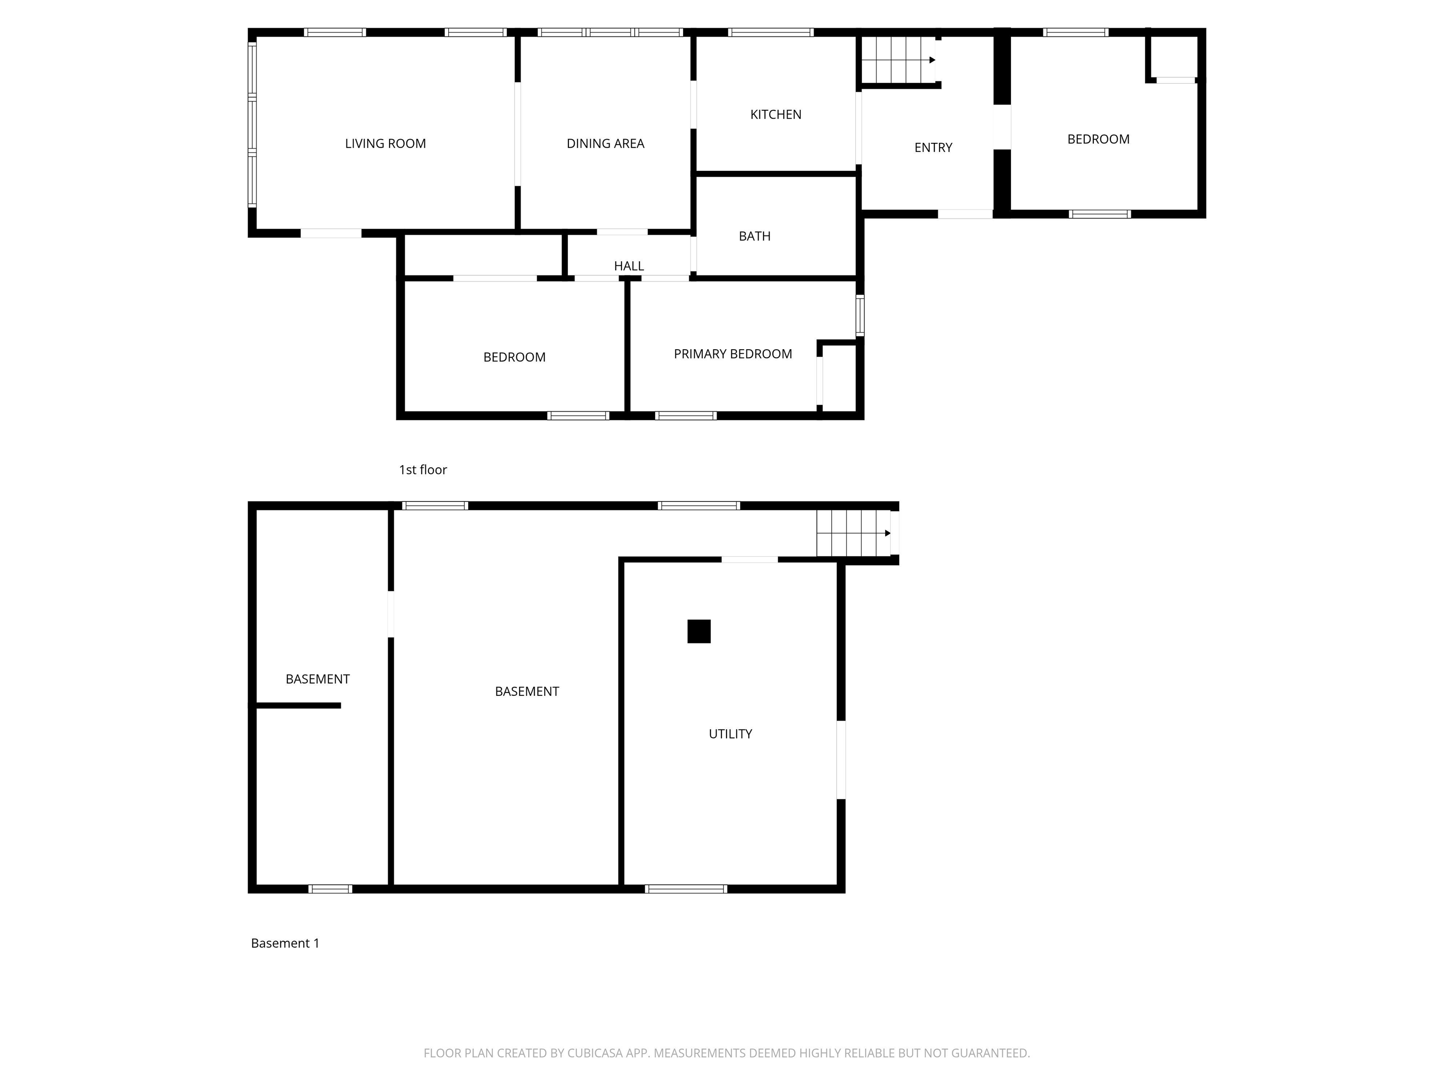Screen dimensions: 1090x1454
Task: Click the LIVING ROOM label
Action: (385, 143)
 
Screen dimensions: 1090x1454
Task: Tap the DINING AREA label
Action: (605, 143)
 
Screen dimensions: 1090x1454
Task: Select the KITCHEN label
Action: (776, 114)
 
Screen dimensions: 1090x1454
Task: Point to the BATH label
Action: (754, 236)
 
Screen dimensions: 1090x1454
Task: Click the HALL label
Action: (629, 265)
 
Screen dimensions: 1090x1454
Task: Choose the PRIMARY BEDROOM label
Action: (732, 353)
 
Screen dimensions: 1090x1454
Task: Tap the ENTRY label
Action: (933, 147)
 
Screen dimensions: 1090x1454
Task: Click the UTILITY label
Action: (730, 733)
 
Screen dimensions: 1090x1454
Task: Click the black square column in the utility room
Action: (699, 632)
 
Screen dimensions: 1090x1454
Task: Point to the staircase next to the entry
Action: (898, 60)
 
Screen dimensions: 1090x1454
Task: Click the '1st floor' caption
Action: (423, 469)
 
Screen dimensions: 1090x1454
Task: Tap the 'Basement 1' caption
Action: (284, 943)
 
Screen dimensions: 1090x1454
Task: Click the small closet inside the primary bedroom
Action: (839, 378)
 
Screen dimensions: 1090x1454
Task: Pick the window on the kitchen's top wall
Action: (771, 32)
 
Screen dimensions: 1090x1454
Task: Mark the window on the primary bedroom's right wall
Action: (860, 316)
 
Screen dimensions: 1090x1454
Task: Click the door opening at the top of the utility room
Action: (749, 560)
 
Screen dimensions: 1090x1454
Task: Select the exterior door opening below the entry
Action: (964, 213)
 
